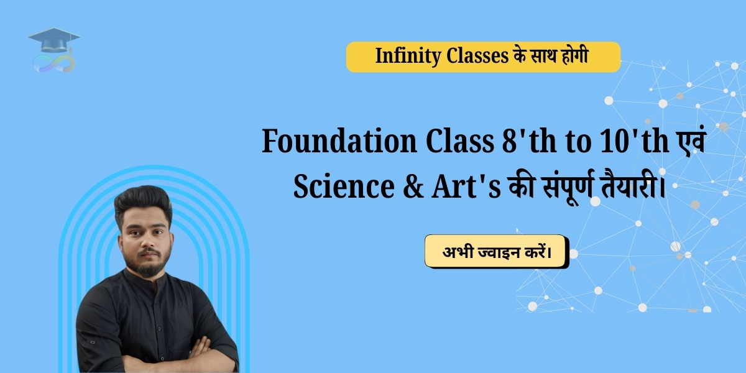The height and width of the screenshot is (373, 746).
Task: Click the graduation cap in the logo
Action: point(54,40)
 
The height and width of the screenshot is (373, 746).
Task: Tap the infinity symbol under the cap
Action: point(54,63)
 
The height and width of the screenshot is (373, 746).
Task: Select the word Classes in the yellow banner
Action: point(477,55)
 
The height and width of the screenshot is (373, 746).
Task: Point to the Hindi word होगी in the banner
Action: point(574,55)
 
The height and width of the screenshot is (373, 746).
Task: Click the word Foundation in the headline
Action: point(339,141)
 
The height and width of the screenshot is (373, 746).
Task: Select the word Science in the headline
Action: point(344,186)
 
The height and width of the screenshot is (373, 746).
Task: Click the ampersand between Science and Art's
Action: point(413,186)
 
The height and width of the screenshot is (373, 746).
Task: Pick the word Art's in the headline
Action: point(466,186)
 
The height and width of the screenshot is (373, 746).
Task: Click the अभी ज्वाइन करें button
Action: point(497,252)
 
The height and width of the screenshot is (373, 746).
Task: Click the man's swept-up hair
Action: point(143,203)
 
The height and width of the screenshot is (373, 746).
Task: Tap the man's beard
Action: point(147,263)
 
